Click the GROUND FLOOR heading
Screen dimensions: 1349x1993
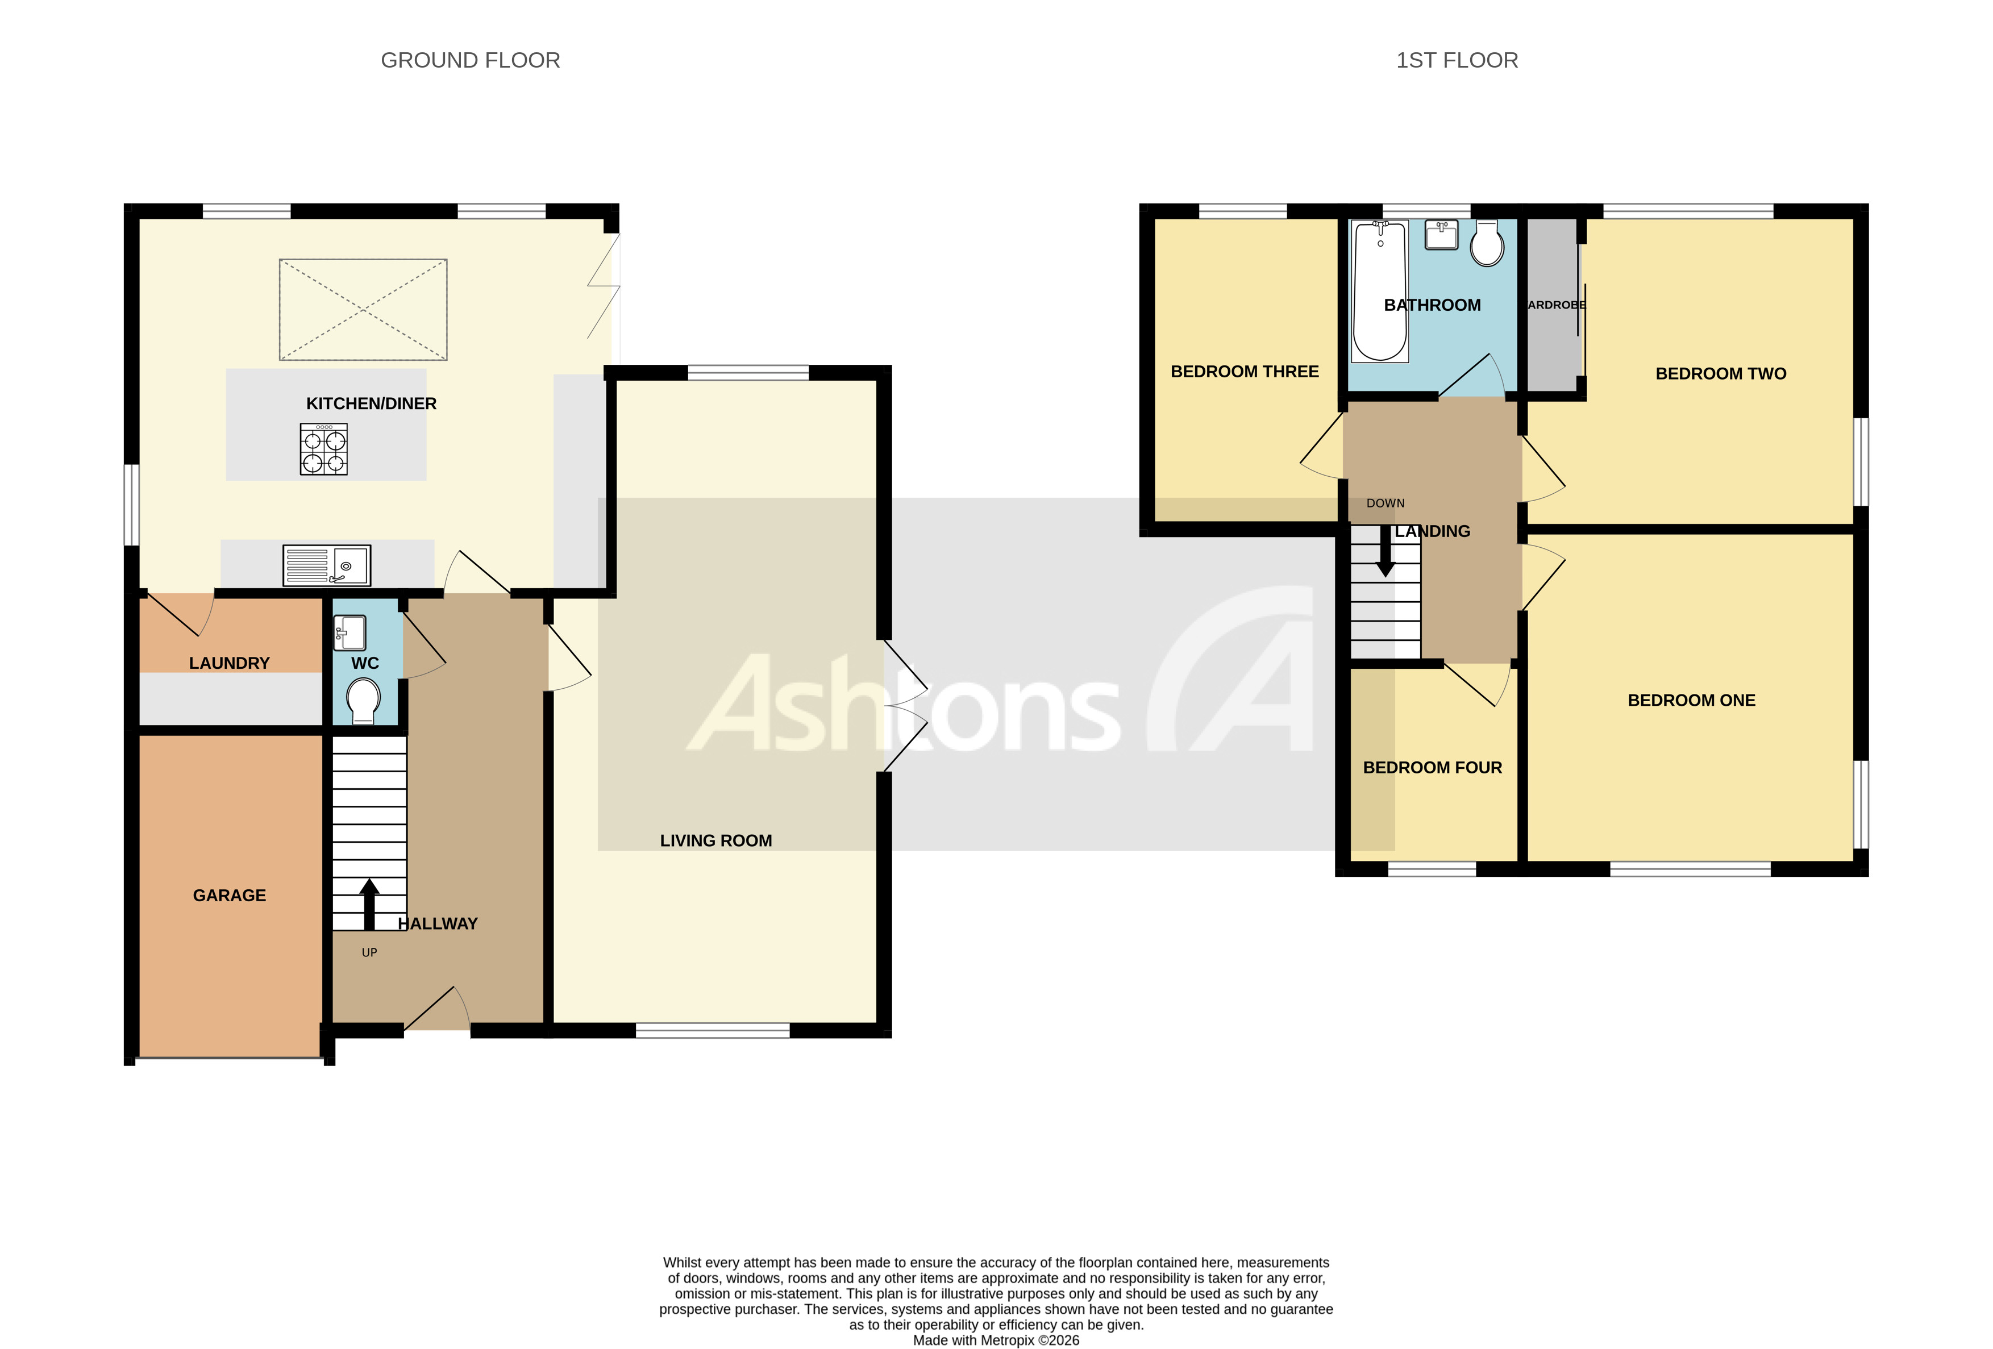[470, 60]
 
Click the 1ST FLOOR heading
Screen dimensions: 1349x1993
[1456, 60]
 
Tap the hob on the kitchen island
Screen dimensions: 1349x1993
[323, 449]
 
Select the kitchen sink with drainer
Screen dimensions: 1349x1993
[327, 566]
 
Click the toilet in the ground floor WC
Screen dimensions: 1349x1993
[364, 701]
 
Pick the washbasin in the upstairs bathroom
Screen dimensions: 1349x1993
[1442, 234]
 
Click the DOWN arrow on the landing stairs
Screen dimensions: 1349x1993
[1385, 551]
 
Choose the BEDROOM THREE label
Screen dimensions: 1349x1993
[1245, 371]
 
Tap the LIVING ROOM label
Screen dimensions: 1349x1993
[715, 840]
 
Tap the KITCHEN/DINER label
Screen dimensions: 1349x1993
[371, 403]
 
